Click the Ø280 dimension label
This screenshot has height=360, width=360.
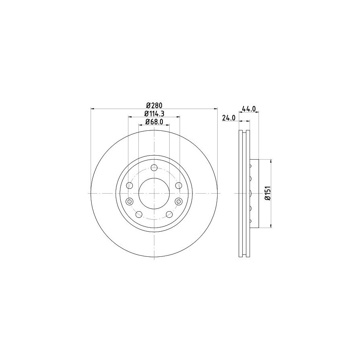pyautogui.click(x=154, y=105)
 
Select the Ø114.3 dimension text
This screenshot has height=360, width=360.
pyautogui.click(x=154, y=114)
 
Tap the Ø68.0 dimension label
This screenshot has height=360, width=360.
pyautogui.click(x=154, y=122)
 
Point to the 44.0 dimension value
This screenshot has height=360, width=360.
pyautogui.click(x=249, y=108)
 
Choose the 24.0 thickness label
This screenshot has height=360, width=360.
pyautogui.click(x=229, y=118)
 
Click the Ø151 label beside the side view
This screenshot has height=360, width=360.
pyautogui.click(x=267, y=194)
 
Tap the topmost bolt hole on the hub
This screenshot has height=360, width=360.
pyautogui.click(x=154, y=168)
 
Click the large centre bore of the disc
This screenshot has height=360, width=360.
pyautogui.click(x=154, y=193)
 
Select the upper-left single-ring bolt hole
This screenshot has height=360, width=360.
pyautogui.click(x=130, y=185)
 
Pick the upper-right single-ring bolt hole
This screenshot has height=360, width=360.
pyautogui.click(x=178, y=185)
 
